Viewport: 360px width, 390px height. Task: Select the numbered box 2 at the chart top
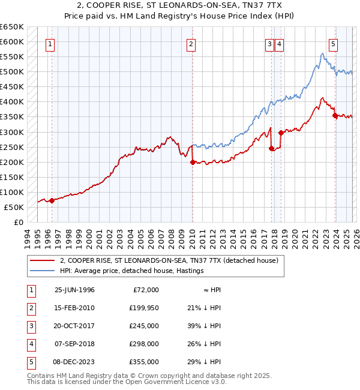190,44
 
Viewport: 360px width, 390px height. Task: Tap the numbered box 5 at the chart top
333,44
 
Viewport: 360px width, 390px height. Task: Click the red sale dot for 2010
193,162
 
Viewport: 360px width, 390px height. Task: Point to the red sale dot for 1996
52,200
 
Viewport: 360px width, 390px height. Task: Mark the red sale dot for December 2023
335,115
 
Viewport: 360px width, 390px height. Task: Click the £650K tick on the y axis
11,27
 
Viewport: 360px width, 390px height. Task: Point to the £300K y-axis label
11,132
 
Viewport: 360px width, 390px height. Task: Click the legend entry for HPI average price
132,271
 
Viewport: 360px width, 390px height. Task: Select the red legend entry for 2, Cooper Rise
169,261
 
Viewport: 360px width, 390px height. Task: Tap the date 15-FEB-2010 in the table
74,307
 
